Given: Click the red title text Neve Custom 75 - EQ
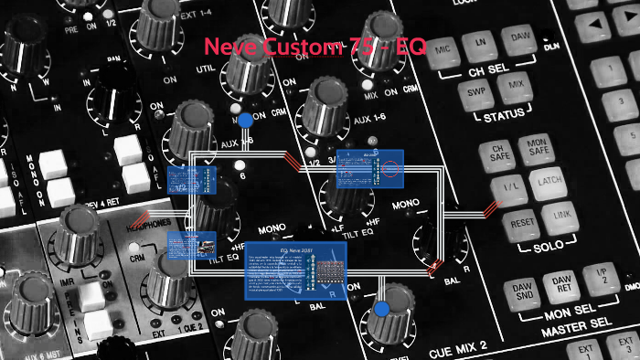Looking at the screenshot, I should (x=315, y=46).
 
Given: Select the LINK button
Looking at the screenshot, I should (x=559, y=217).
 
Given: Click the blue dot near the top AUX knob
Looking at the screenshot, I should (x=245, y=121).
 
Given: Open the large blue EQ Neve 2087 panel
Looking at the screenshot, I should (x=297, y=270).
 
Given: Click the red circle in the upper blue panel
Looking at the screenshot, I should (x=391, y=169).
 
